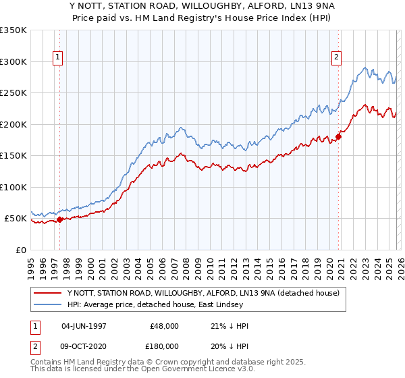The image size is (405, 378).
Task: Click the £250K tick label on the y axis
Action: click(x=13, y=93)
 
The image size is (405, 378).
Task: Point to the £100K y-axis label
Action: click(x=13, y=187)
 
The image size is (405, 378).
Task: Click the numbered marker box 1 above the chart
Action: click(x=59, y=58)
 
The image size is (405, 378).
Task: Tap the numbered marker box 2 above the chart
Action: click(x=336, y=58)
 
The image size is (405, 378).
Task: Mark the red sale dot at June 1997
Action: click(x=59, y=219)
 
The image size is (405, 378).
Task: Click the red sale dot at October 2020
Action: click(x=338, y=137)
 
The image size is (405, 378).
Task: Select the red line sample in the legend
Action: click(x=47, y=293)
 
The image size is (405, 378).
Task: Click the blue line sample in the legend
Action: click(x=47, y=304)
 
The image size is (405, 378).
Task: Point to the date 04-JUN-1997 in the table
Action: click(x=84, y=325)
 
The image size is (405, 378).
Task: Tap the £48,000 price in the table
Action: click(x=165, y=325)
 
